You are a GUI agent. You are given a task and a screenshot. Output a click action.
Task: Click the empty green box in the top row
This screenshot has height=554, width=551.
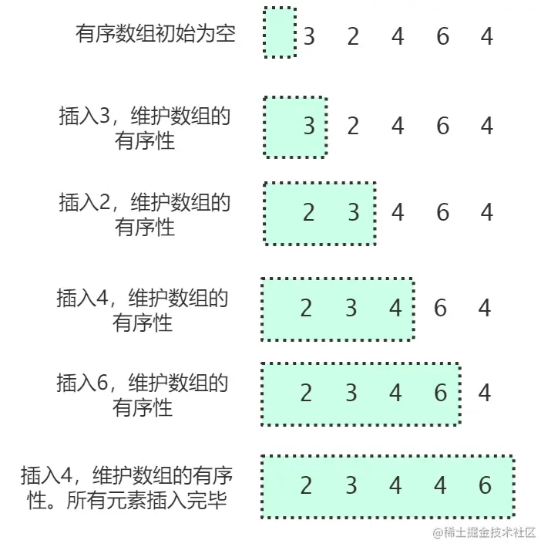click(279, 33)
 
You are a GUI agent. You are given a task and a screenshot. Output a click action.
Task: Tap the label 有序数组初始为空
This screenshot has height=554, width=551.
click(155, 34)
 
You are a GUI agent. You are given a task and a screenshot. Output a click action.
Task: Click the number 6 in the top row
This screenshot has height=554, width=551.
click(442, 36)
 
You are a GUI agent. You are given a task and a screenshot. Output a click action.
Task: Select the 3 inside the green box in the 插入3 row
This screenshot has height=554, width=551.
click(309, 126)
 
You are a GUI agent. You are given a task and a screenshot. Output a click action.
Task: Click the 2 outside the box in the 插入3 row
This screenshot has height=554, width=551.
click(353, 126)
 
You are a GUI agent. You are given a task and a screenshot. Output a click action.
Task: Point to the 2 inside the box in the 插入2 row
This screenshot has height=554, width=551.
click(309, 212)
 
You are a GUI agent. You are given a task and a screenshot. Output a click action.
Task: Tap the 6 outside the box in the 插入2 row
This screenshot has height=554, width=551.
click(442, 212)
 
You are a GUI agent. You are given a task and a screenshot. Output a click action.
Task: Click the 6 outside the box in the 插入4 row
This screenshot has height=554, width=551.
click(440, 309)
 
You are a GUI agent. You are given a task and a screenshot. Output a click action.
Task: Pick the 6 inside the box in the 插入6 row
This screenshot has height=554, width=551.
click(440, 394)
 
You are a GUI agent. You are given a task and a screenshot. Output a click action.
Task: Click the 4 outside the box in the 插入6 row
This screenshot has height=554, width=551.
click(485, 394)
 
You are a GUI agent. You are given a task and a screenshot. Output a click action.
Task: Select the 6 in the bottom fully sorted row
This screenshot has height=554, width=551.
click(485, 485)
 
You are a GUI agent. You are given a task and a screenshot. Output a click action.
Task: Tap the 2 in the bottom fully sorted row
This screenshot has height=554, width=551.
click(306, 485)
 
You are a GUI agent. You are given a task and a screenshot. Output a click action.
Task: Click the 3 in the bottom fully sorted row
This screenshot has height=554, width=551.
click(351, 485)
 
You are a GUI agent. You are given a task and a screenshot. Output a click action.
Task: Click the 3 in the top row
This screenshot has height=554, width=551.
click(309, 36)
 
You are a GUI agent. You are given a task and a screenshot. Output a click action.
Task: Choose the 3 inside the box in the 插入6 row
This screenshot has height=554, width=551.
click(351, 394)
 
